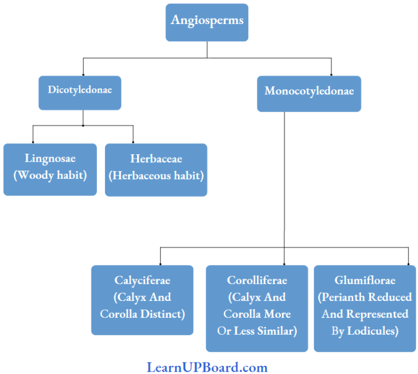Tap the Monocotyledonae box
(309, 93)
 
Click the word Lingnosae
(50, 159)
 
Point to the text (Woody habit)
(50, 176)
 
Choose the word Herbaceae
(156, 159)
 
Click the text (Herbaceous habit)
(156, 176)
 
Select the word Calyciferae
(142, 280)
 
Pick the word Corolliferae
(256, 280)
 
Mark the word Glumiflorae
(365, 280)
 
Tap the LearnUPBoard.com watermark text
(207, 367)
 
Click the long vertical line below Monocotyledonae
(284, 180)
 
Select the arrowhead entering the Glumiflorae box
(408, 263)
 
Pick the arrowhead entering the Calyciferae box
(160, 263)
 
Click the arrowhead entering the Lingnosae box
(33, 141)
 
